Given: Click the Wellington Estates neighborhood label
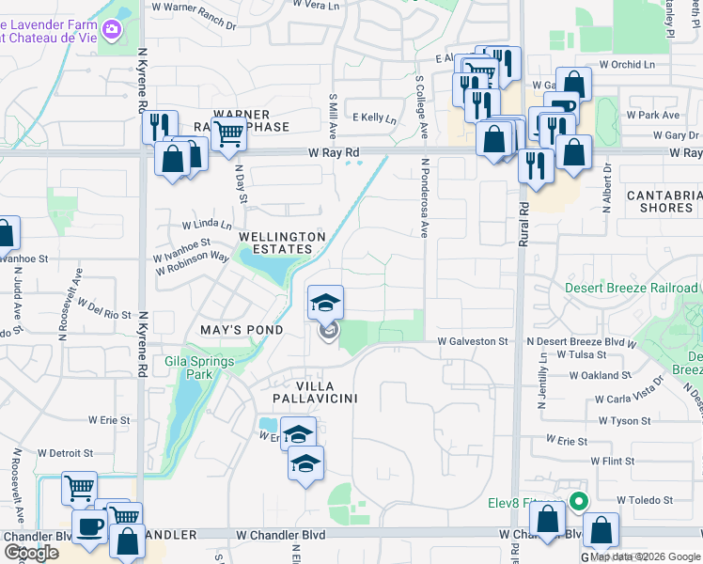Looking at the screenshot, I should pyautogui.click(x=275, y=243).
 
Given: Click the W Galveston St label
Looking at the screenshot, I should pyautogui.click(x=473, y=342).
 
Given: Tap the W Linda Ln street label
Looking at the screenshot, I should pyautogui.click(x=206, y=225).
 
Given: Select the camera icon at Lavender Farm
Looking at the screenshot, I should pyautogui.click(x=112, y=31).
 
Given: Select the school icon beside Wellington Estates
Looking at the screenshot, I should pyautogui.click(x=326, y=303).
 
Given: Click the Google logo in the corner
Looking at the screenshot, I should pyautogui.click(x=31, y=553).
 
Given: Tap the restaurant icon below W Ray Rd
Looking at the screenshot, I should pyautogui.click(x=536, y=166).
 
